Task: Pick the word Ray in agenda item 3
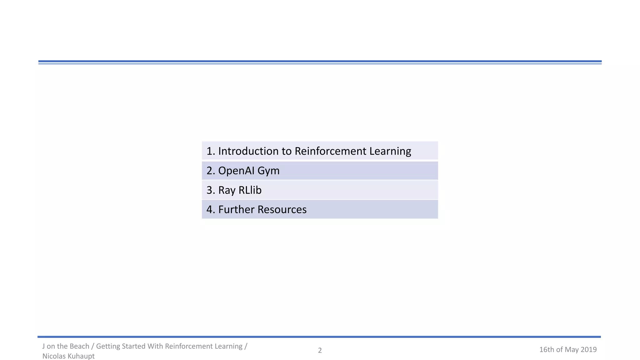coord(227,190)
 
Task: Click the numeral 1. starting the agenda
coord(211,151)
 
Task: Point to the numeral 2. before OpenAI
coord(211,171)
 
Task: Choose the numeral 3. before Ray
coord(211,190)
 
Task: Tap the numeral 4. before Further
coord(211,209)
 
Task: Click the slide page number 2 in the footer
coord(320,350)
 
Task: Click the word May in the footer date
coord(572,350)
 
